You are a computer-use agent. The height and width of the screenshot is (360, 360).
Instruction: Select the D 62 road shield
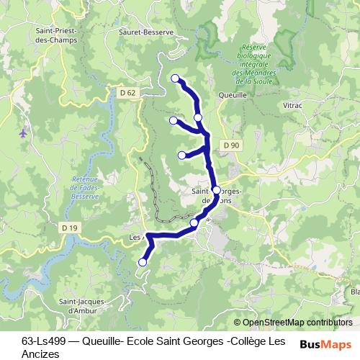pyautogui.click(x=128, y=92)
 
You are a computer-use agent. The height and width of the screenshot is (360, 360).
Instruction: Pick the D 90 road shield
pyautogui.click(x=231, y=145)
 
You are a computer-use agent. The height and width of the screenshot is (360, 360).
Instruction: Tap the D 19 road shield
pyautogui.click(x=69, y=228)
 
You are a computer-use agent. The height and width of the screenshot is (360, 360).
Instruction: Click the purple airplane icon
pyautogui.click(x=24, y=132)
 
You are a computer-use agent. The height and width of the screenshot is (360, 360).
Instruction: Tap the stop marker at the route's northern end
pyautogui.click(x=175, y=78)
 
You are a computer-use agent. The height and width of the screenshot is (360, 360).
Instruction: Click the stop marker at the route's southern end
pyautogui.click(x=143, y=263)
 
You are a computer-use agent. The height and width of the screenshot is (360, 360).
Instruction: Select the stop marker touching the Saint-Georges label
pyautogui.click(x=216, y=191)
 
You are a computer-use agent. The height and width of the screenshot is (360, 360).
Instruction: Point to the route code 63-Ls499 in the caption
pyautogui.click(x=48, y=341)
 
